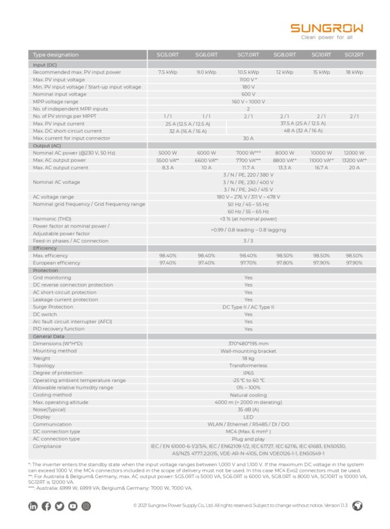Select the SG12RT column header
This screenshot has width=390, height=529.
(354, 55)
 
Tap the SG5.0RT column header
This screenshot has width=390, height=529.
(168, 55)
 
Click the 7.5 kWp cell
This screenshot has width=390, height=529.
(168, 72)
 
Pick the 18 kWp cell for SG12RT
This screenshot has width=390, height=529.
(354, 72)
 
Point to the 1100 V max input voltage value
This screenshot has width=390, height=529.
(248, 79)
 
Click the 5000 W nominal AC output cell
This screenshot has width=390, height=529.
(168, 153)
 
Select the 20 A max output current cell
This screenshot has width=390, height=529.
(354, 168)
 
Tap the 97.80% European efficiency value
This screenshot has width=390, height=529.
(285, 263)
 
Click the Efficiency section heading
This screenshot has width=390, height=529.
(45, 248)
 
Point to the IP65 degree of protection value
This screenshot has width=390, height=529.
(248, 373)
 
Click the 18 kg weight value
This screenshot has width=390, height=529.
(248, 358)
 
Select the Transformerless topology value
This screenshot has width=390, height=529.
(248, 366)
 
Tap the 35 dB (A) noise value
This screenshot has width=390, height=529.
(248, 409)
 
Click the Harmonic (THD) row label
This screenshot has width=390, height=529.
(53, 219)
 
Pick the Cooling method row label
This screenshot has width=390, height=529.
(53, 394)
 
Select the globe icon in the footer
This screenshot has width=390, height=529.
(357, 506)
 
